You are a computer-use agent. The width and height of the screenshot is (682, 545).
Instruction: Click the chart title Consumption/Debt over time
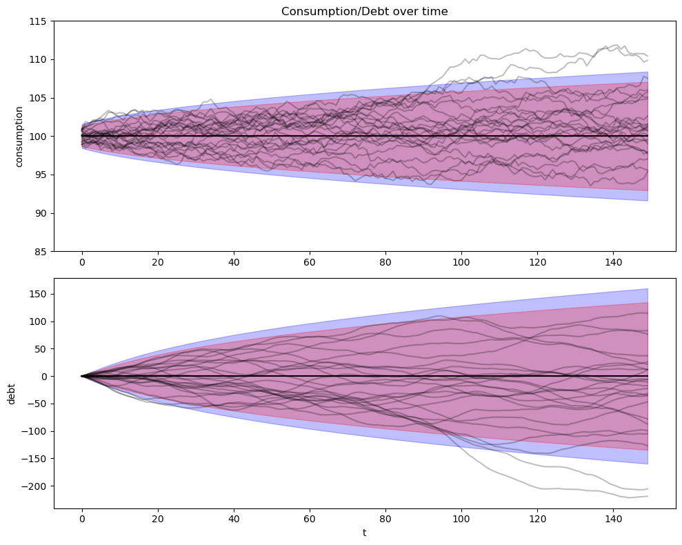(x=364, y=11)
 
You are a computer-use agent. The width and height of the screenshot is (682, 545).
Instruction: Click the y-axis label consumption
(x=19, y=137)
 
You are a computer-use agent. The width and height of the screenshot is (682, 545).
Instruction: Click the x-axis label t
(x=364, y=533)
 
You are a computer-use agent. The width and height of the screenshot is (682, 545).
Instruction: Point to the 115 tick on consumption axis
(x=38, y=21)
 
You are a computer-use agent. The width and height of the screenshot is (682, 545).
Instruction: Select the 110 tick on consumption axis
(x=38, y=60)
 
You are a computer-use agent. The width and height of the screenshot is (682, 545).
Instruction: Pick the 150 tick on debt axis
(x=38, y=294)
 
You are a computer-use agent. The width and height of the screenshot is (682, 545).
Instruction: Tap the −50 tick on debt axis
(x=37, y=404)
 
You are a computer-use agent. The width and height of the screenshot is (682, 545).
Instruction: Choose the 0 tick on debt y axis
(x=44, y=377)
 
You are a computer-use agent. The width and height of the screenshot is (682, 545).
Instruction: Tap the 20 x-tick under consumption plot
(x=157, y=263)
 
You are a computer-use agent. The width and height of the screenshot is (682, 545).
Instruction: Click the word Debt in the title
(x=371, y=11)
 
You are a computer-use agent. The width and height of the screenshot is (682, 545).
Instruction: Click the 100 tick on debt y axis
(x=38, y=321)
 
